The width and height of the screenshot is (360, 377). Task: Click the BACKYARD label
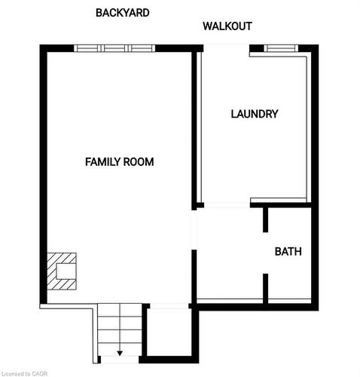pyautogui.click(x=122, y=13)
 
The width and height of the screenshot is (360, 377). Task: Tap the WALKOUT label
pyautogui.click(x=227, y=26)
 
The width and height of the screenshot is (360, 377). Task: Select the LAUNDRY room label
pyautogui.click(x=254, y=115)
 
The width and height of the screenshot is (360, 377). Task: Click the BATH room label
pyautogui.click(x=288, y=252)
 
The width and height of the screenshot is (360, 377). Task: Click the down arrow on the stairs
pyautogui.click(x=119, y=353)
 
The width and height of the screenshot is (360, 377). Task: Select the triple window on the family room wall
pyautogui.click(x=114, y=49)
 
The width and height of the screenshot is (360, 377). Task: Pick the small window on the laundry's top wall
pyautogui.click(x=278, y=49)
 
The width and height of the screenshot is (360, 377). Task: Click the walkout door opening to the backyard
pyautogui.click(x=226, y=49)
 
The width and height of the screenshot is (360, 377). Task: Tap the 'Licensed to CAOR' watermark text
pyautogui.click(x=26, y=372)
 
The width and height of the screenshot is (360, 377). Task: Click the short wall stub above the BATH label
pyautogui.click(x=266, y=219)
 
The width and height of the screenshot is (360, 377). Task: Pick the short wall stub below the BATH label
pyautogui.click(x=266, y=287)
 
